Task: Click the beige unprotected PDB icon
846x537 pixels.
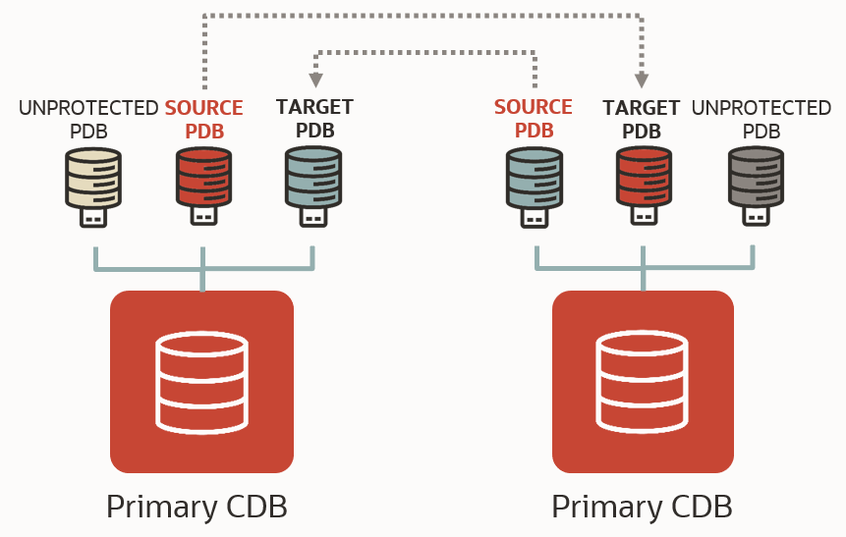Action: [x=93, y=177]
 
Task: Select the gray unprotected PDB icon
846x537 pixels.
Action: [x=756, y=177]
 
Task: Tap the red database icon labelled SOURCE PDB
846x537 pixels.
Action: [x=203, y=177]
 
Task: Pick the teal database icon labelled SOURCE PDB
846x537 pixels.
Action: [x=534, y=177]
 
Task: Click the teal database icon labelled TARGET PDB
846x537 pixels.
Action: [x=312, y=177]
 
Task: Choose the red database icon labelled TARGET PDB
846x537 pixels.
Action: [x=644, y=177]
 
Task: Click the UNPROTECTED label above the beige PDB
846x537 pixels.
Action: [x=88, y=108]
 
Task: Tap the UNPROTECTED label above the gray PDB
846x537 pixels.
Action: [x=761, y=108]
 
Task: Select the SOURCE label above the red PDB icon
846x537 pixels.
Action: [x=203, y=108]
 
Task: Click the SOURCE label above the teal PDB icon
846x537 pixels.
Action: [x=533, y=107]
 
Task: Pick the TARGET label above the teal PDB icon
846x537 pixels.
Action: [x=314, y=107]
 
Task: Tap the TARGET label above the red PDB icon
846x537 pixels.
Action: [x=642, y=108]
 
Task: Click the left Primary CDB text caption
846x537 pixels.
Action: [x=197, y=507]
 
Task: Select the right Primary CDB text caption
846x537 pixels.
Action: [x=642, y=507]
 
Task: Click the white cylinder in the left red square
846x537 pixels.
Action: [x=201, y=382]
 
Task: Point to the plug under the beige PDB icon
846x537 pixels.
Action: [x=93, y=216]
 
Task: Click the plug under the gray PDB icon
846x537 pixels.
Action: [x=756, y=216]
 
